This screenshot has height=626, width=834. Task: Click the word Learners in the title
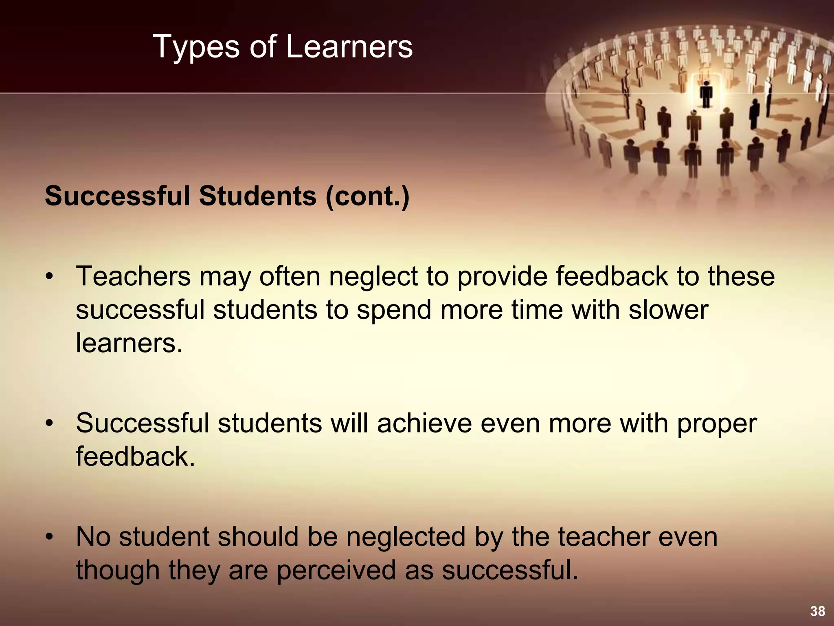click(x=349, y=47)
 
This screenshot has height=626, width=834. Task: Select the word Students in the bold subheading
click(x=257, y=196)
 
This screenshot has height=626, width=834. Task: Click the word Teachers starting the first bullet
click(x=133, y=276)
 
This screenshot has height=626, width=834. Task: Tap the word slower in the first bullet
click(x=668, y=310)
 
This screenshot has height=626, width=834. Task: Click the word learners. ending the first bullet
click(x=129, y=343)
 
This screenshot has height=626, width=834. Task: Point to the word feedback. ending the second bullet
click(x=135, y=456)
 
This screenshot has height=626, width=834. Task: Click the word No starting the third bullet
click(x=93, y=537)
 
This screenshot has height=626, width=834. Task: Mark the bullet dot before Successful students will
click(x=50, y=424)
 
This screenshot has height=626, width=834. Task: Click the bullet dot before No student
click(x=50, y=537)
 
